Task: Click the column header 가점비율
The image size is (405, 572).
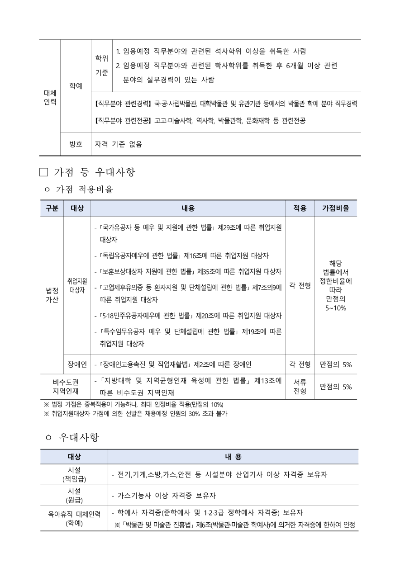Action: coord(335,208)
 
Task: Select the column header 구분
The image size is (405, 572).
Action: coord(52,208)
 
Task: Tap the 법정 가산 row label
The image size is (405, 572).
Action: coord(52,294)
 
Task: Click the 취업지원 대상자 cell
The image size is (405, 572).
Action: coord(77,286)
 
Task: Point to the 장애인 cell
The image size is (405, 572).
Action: coord(77,364)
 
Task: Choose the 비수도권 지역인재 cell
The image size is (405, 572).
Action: coord(65,387)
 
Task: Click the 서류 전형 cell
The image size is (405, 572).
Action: coord(300,387)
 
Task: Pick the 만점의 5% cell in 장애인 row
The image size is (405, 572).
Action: coord(335,364)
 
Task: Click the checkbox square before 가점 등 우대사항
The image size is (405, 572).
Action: coord(43,172)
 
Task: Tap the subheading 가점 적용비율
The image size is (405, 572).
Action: coord(84,190)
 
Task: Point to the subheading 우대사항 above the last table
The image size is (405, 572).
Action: coord(79,437)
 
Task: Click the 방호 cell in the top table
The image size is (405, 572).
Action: coord(76,145)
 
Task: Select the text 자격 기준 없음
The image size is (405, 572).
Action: coord(119,145)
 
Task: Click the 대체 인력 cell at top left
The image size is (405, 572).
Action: coord(50,97)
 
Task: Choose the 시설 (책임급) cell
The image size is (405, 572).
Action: coord(74,474)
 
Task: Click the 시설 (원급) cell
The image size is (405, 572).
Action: coord(74,495)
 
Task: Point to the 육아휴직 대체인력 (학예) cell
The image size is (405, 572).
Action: coord(74,518)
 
